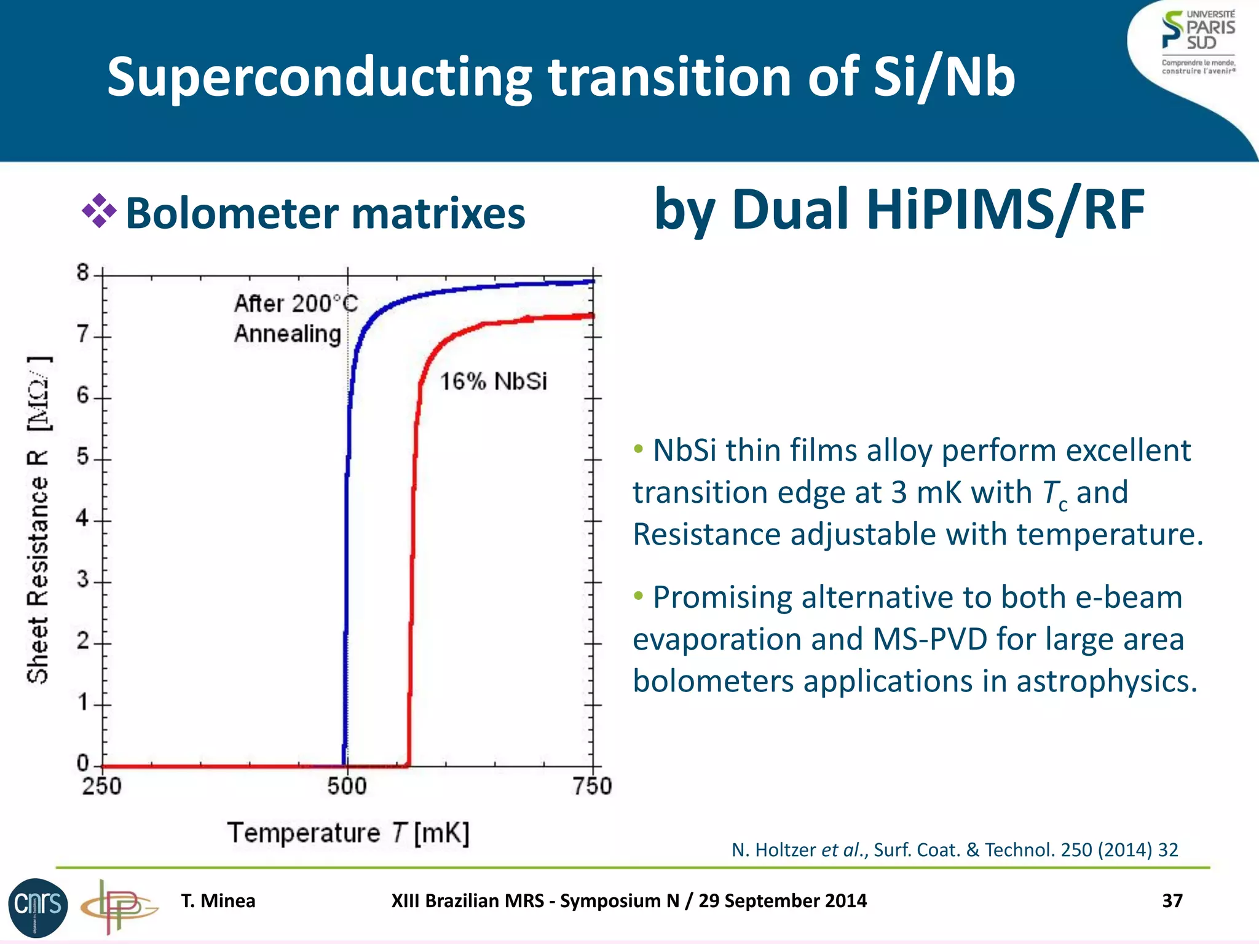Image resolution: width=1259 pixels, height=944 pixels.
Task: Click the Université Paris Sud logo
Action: (x=1198, y=41)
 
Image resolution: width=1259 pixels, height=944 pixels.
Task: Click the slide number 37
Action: (x=1172, y=901)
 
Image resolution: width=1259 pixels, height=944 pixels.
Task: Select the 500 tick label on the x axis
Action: (x=347, y=786)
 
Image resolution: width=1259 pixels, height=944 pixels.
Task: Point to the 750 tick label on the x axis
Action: (x=592, y=786)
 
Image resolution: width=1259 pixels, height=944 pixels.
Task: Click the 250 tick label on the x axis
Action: (x=102, y=786)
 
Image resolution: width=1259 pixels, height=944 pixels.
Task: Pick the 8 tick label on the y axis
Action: (x=83, y=272)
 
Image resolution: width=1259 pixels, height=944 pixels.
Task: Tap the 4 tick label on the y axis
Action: (x=83, y=519)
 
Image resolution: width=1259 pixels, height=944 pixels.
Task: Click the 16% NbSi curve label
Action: (x=493, y=382)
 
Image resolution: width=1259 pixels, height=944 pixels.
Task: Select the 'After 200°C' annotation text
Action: (x=295, y=304)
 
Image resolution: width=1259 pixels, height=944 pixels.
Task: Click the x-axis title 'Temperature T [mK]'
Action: (x=348, y=833)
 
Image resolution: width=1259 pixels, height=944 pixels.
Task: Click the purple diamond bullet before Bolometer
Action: (x=99, y=211)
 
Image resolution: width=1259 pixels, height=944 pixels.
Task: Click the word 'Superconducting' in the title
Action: (x=319, y=77)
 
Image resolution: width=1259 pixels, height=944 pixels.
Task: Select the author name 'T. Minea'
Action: (x=218, y=901)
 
